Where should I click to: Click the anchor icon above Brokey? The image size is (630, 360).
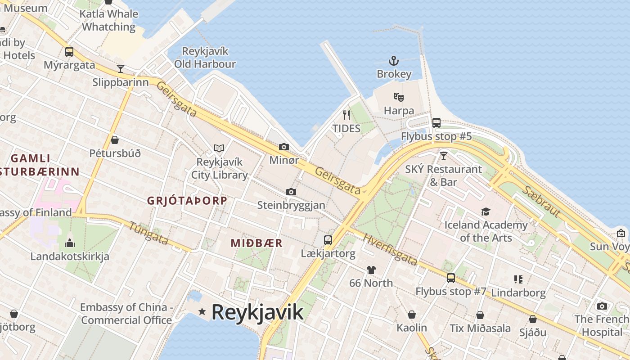(394, 61)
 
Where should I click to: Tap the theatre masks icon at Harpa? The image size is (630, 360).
(398, 97)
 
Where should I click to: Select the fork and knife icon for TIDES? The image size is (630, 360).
(346, 115)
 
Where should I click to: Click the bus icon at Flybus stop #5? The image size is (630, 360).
(436, 122)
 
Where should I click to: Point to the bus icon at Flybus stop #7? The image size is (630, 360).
(450, 278)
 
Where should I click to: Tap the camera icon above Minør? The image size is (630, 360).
(283, 147)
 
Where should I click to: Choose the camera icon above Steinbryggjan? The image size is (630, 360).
(291, 192)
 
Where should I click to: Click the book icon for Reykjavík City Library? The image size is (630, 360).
(219, 148)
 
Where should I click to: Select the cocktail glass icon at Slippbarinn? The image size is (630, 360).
(120, 69)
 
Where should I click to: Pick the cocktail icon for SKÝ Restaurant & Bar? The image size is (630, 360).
(444, 156)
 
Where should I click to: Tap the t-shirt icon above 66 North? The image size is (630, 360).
(371, 270)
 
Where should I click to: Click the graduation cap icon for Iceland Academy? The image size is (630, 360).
(486, 211)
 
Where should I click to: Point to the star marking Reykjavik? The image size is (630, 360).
(202, 311)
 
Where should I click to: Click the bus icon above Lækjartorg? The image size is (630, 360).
(328, 240)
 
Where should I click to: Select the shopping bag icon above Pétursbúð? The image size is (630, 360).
(115, 140)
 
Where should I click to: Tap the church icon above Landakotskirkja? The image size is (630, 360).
(70, 243)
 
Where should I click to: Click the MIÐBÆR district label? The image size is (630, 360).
(256, 243)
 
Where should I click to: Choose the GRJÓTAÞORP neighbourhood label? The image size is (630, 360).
(187, 201)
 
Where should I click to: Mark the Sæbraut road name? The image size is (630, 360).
(541, 201)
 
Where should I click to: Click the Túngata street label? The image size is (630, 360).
(148, 234)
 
